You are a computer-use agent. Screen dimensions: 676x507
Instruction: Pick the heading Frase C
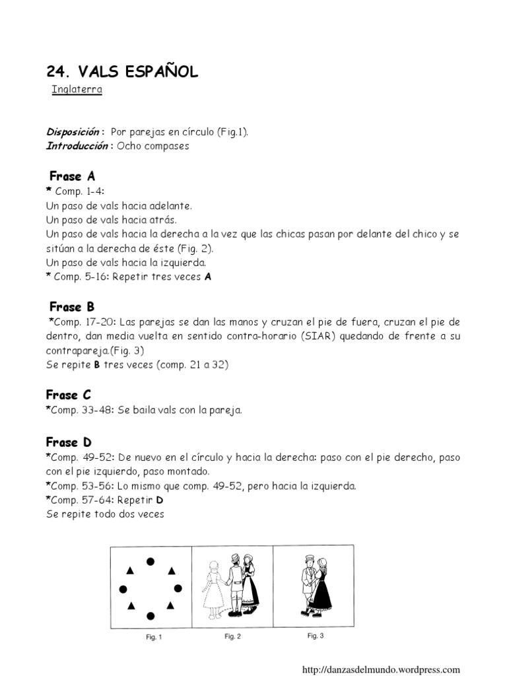(69, 395)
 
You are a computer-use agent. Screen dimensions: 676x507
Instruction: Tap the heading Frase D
(69, 442)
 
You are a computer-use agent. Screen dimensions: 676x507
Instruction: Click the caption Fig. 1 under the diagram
(153, 637)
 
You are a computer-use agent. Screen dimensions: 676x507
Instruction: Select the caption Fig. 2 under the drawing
(232, 636)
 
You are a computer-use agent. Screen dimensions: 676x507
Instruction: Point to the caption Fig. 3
(316, 636)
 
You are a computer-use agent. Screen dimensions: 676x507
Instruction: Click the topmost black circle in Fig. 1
(151, 562)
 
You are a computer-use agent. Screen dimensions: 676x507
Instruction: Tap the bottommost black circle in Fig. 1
(151, 616)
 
